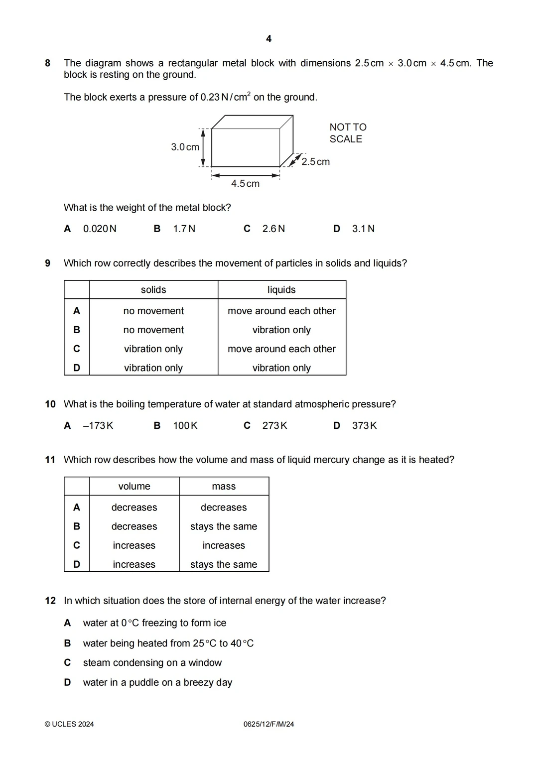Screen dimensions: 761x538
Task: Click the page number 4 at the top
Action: [x=269, y=39]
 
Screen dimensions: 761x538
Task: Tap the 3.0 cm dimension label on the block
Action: [x=185, y=147]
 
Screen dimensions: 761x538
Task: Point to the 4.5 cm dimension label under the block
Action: [x=245, y=184]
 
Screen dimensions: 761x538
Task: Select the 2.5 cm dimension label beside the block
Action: [x=315, y=162]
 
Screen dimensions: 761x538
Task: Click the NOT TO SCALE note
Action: [x=348, y=133]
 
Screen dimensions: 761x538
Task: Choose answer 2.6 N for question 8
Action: [x=273, y=229]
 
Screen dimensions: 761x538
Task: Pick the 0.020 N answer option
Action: [x=100, y=229]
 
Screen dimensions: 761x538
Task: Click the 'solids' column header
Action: [x=153, y=290]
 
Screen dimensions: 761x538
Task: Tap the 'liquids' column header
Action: [x=281, y=290]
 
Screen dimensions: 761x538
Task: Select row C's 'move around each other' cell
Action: [x=281, y=349]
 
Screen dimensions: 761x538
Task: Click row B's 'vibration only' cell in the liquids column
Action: [x=281, y=330]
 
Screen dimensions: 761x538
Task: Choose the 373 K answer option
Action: [x=364, y=425]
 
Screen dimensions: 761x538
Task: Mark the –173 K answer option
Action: [x=98, y=425]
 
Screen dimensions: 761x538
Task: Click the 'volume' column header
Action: [x=134, y=486]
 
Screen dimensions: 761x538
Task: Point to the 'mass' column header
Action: [x=224, y=486]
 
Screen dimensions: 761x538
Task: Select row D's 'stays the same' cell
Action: [x=224, y=564]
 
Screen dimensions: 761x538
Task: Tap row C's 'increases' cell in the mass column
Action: [x=224, y=545]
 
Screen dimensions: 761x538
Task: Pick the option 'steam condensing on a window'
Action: [x=152, y=662]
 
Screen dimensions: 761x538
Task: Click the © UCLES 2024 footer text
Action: [x=69, y=724]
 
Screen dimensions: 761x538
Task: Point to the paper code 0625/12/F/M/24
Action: [x=269, y=724]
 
